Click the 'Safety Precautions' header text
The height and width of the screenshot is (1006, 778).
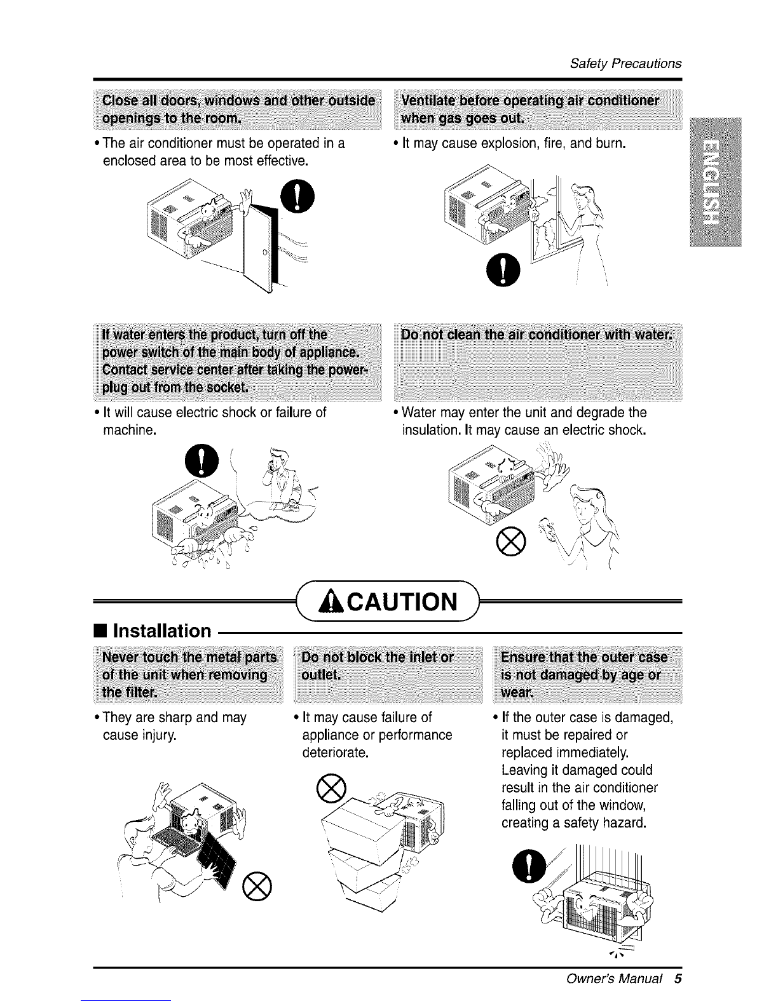pyautogui.click(x=625, y=64)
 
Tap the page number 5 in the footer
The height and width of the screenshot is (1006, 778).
pyautogui.click(x=678, y=979)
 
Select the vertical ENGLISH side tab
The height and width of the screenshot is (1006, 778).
pyautogui.click(x=715, y=182)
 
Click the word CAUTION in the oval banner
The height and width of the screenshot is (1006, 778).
pyautogui.click(x=402, y=601)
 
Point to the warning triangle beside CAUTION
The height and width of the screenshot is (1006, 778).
pyautogui.click(x=332, y=602)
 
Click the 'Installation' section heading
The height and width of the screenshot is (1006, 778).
pyautogui.click(x=161, y=631)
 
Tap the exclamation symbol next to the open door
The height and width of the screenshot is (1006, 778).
pyautogui.click(x=297, y=196)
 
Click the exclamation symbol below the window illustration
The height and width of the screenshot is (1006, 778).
pyautogui.click(x=503, y=269)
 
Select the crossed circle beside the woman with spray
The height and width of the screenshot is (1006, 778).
pyautogui.click(x=510, y=541)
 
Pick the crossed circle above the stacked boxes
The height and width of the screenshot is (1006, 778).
pyautogui.click(x=331, y=788)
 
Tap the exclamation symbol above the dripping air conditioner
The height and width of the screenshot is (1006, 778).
pyautogui.click(x=201, y=460)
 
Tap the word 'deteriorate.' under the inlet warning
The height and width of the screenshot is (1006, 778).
pyautogui.click(x=336, y=753)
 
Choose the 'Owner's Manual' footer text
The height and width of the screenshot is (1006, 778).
pyautogui.click(x=614, y=979)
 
